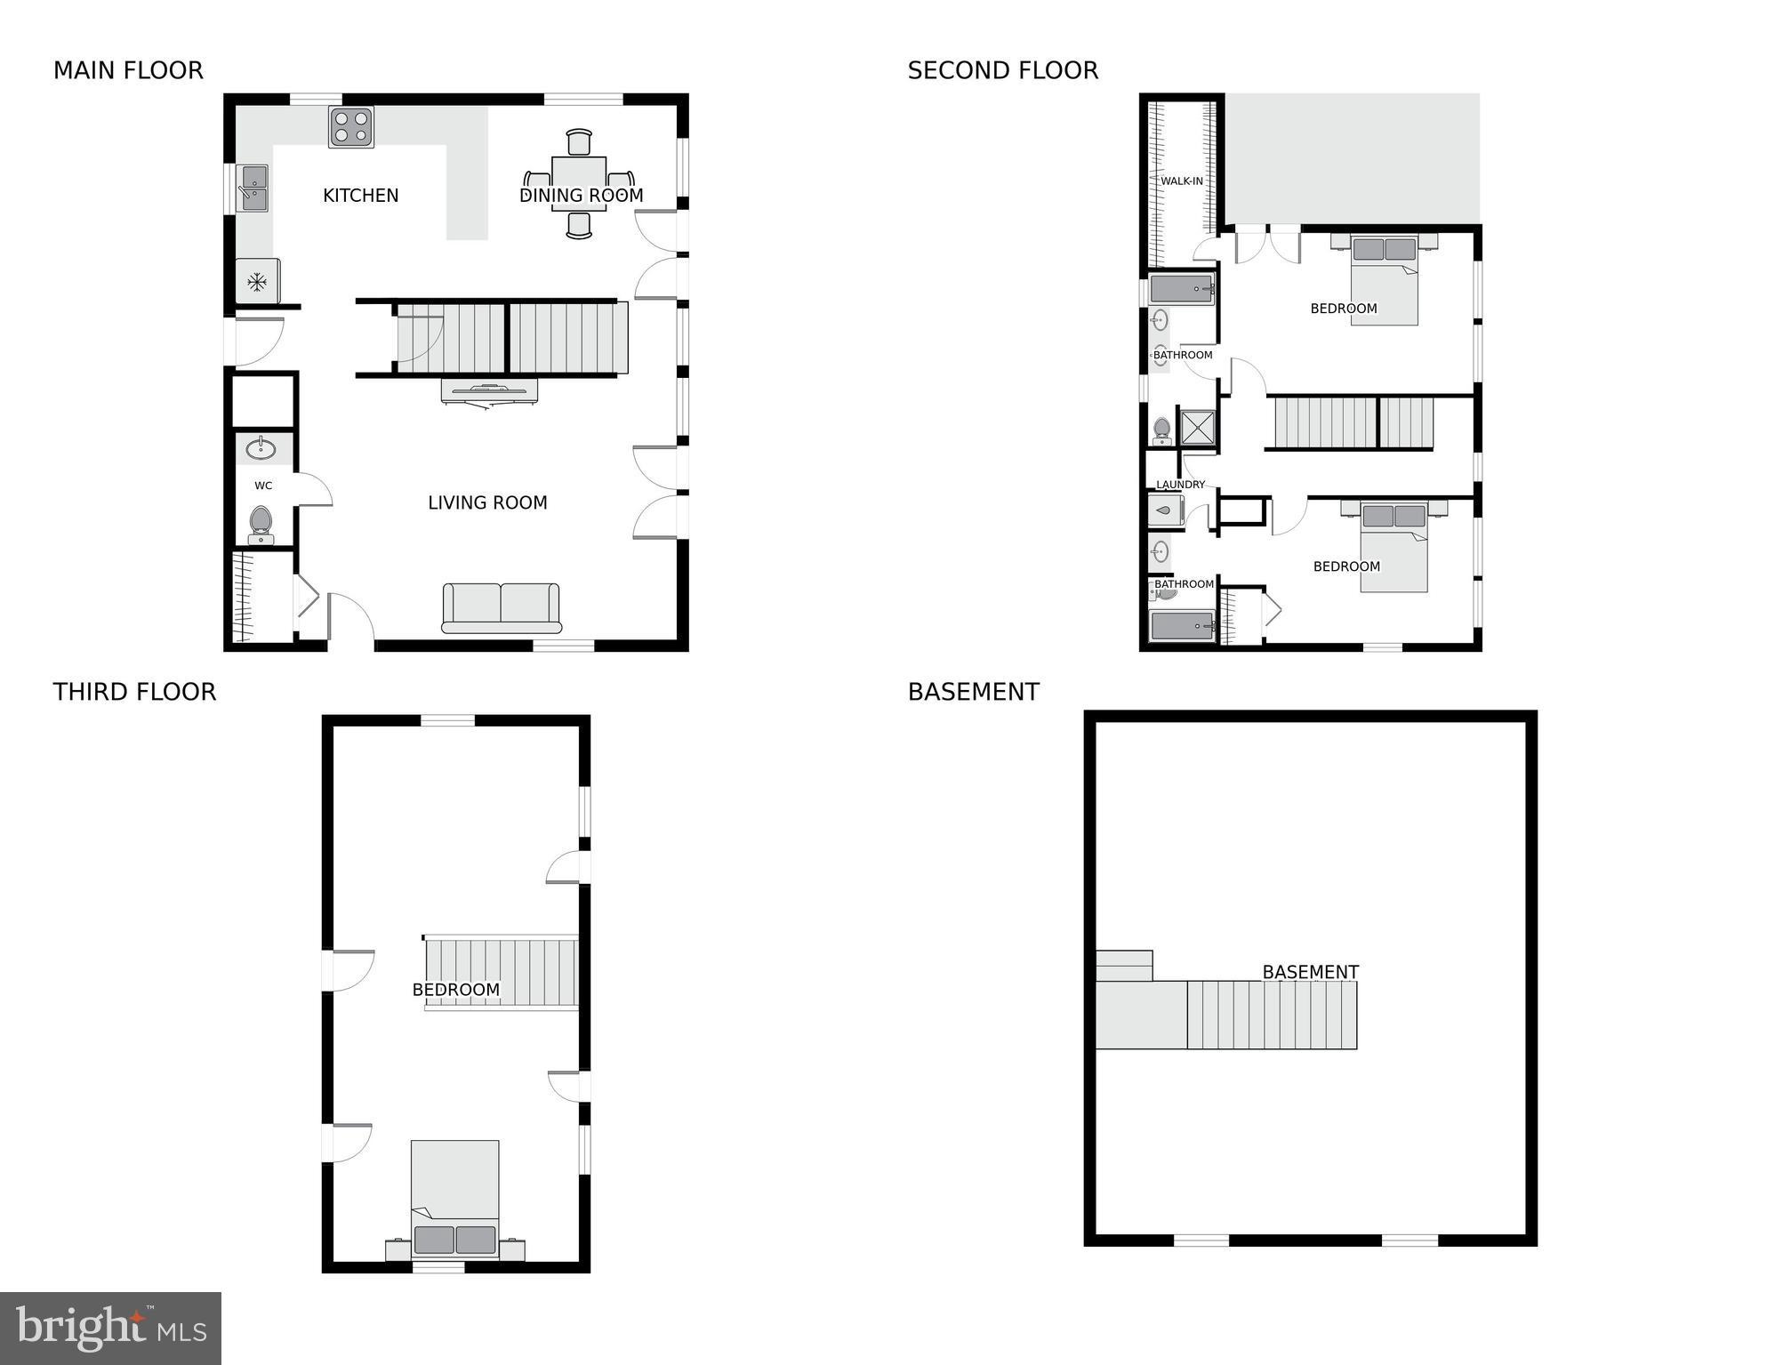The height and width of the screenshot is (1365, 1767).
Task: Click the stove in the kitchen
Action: click(x=351, y=127)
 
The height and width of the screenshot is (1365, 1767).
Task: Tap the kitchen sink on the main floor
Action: click(x=253, y=188)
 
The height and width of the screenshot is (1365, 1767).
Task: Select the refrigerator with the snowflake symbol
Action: click(x=257, y=282)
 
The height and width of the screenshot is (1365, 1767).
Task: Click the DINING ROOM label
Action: click(x=581, y=196)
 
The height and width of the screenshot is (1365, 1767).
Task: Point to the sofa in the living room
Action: click(x=501, y=608)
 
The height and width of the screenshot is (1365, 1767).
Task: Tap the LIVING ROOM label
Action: click(x=487, y=503)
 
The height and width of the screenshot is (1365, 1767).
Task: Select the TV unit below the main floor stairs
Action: click(x=489, y=391)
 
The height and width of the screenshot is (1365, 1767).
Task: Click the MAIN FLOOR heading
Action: click(x=128, y=71)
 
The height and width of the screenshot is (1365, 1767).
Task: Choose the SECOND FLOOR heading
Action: click(x=1002, y=71)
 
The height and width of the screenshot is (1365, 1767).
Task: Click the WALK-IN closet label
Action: click(x=1181, y=181)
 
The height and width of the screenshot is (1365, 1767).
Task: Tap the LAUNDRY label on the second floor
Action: click(x=1180, y=485)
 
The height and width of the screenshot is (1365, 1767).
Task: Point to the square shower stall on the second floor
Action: click(x=1198, y=427)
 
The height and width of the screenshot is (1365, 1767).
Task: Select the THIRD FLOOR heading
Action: click(x=134, y=692)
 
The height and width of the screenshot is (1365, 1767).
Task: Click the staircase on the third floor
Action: click(x=502, y=972)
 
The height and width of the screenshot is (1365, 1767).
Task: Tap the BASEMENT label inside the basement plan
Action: click(x=1310, y=972)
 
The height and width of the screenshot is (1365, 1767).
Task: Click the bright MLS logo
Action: click(x=110, y=1329)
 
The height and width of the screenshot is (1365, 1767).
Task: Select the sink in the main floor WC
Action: click(x=261, y=448)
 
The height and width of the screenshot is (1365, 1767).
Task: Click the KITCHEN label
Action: click(x=360, y=196)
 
